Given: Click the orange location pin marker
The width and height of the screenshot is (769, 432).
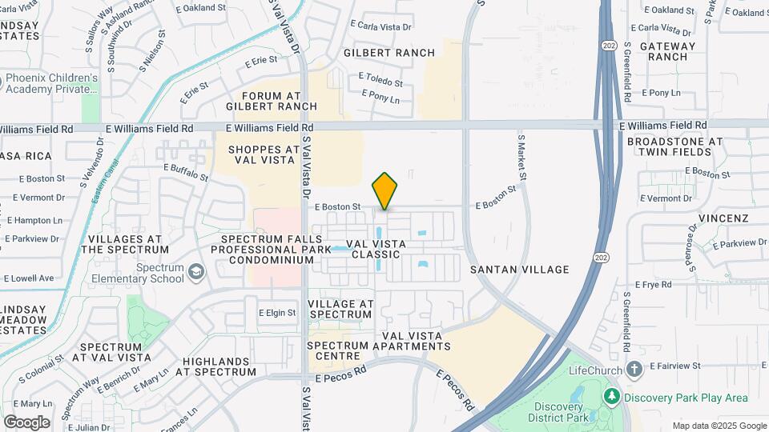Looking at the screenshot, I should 385,190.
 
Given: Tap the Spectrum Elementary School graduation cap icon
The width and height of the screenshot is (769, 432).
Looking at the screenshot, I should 195,274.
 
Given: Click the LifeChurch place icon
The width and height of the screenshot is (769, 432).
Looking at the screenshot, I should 634,370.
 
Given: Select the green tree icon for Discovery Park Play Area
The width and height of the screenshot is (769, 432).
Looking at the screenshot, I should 613,397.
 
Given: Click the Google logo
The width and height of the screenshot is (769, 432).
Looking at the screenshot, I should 26,422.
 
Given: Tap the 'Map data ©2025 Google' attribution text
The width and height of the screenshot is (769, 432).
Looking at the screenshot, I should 719,426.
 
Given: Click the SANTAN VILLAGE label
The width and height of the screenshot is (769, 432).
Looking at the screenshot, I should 520,270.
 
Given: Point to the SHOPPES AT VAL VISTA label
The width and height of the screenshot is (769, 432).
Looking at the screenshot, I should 264,154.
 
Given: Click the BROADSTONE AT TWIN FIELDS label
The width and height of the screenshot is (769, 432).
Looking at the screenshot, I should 674,147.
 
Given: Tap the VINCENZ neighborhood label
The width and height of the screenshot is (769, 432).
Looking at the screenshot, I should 723,218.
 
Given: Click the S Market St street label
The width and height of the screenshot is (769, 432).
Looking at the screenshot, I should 521,156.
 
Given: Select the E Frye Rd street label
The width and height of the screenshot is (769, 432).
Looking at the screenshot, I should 653,284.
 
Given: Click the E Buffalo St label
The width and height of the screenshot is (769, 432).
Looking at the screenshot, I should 186,171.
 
